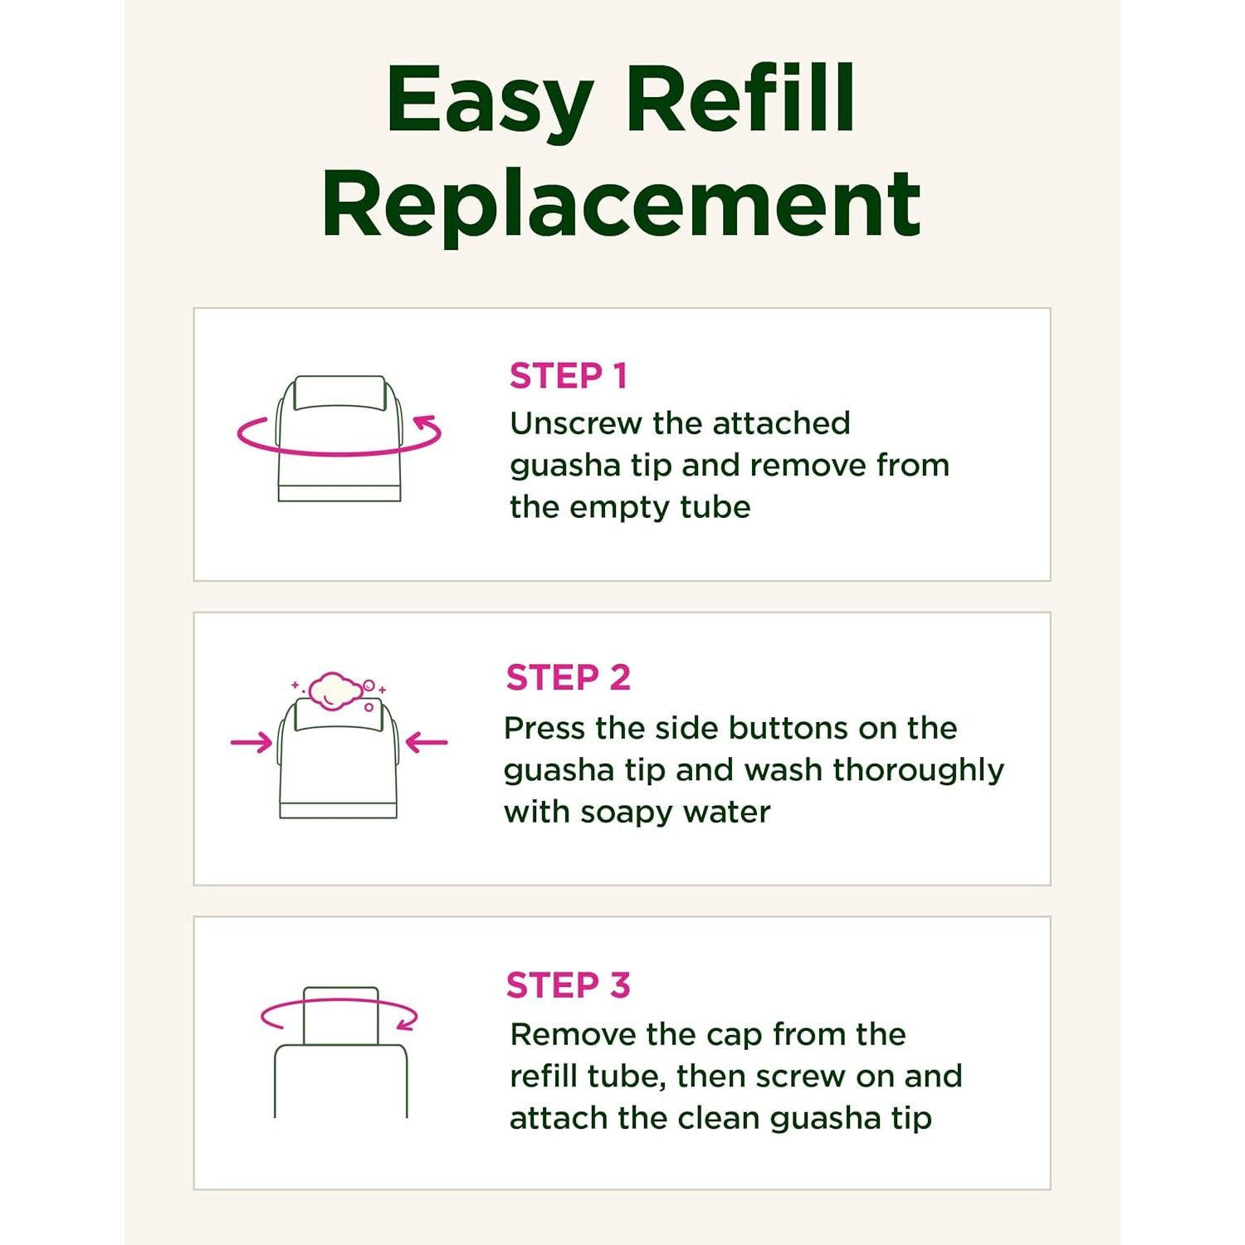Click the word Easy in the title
pos(490,101)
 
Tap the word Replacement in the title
pos(622,203)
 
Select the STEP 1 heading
pos(569,376)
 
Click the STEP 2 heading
pos(569,677)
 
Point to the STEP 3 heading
pos(569,985)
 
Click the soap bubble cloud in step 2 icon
pos(335,691)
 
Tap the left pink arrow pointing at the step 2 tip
pos(251,742)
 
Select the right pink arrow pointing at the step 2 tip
pos(427,742)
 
